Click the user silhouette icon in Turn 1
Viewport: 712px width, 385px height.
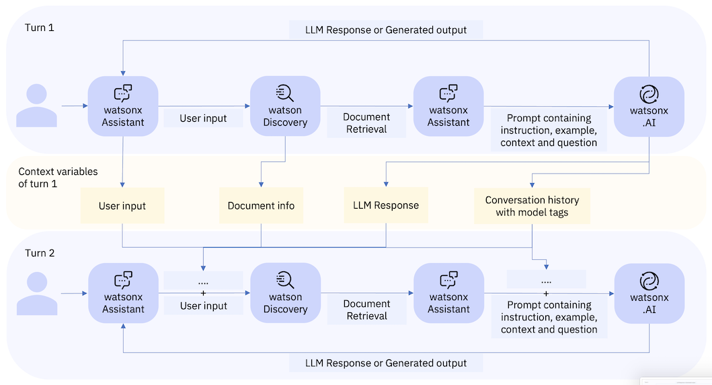[36, 106]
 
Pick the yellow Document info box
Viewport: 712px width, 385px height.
[261, 205]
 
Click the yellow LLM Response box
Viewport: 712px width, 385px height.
[386, 205]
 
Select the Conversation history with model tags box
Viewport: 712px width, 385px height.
[532, 206]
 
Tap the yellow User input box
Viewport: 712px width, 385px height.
[122, 205]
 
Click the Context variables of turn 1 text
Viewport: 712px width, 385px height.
[58, 177]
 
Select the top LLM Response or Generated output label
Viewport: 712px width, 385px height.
[386, 30]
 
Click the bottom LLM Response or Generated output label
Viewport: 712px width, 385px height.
[386, 363]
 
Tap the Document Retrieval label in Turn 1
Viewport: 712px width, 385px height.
[366, 123]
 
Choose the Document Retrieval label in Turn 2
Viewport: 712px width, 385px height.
[366, 310]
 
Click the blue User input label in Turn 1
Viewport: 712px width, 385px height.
[203, 118]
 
